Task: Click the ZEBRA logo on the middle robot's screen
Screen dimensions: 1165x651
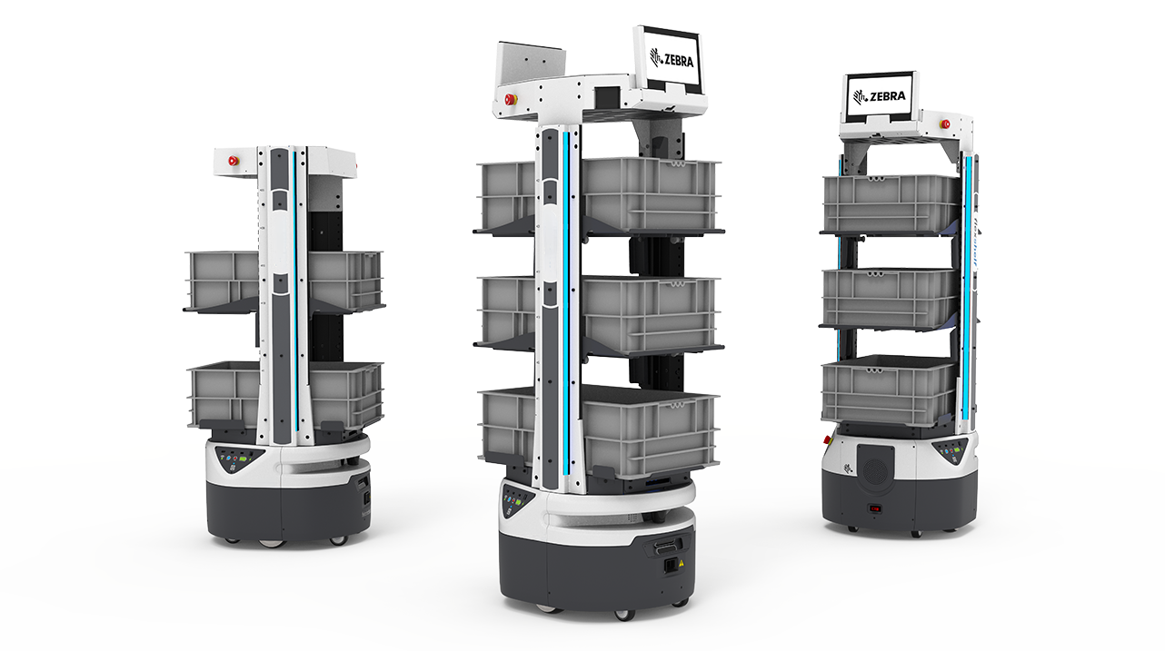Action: point(672,58)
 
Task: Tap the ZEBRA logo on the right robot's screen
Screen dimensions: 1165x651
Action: point(879,96)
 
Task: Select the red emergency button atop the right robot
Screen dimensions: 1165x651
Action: point(944,124)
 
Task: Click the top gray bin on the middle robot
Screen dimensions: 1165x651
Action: point(599,195)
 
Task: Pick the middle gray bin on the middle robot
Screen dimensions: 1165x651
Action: point(599,312)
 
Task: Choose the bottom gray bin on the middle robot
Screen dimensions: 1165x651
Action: point(599,432)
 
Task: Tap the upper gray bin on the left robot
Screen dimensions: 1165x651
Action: point(284,281)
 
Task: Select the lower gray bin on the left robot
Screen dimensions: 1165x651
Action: point(284,395)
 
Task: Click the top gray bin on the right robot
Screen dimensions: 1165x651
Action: point(891,203)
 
